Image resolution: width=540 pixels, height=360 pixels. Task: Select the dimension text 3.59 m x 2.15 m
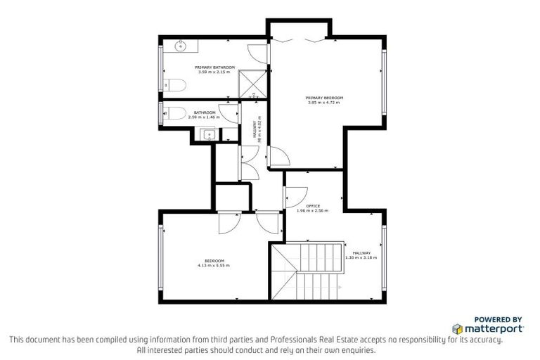click(x=214, y=72)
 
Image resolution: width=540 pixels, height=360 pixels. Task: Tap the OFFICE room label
click(x=313, y=206)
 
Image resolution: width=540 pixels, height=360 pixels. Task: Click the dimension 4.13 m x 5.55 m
click(x=214, y=266)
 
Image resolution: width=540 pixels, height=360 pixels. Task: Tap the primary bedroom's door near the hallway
click(x=278, y=157)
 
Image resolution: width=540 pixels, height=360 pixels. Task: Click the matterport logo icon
click(x=457, y=328)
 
